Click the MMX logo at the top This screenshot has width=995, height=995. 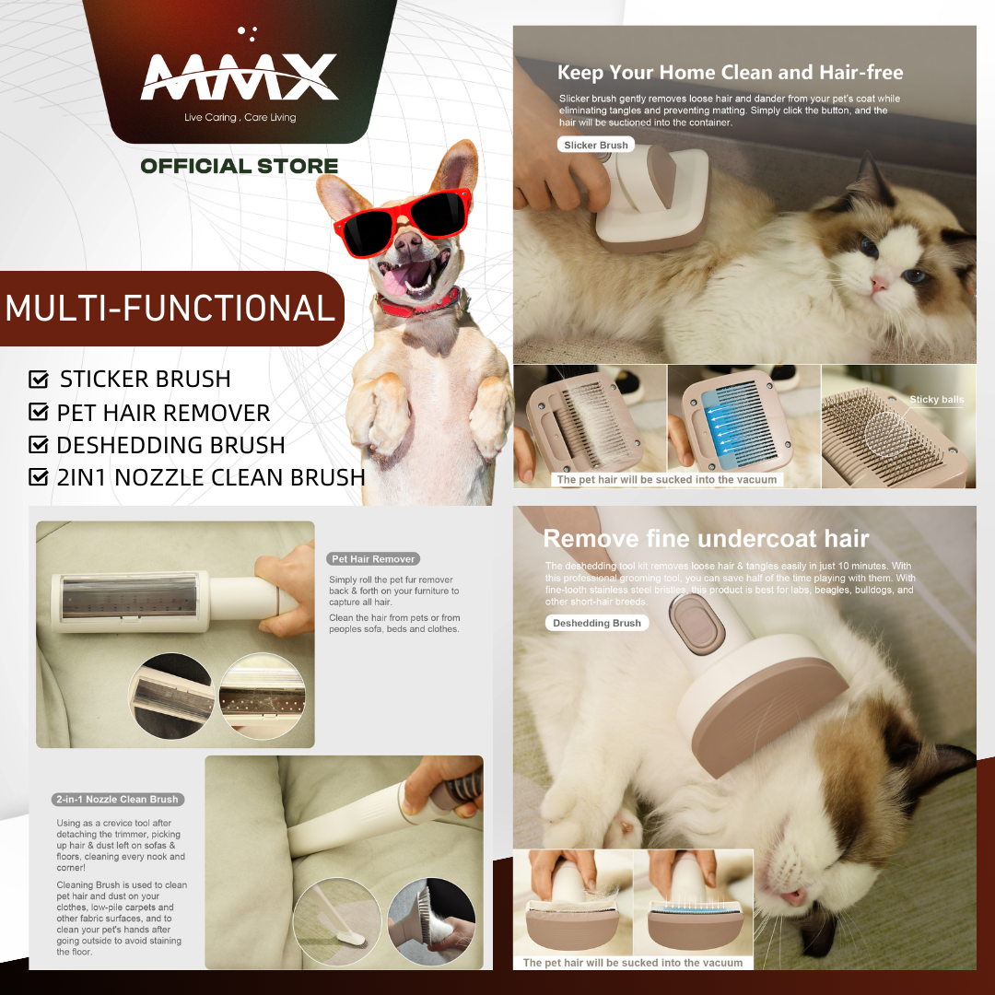240,77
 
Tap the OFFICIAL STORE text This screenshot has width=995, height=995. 240,167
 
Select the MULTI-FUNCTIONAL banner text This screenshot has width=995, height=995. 170,308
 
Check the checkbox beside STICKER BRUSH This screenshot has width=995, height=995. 39,380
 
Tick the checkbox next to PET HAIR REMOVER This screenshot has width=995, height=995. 39,413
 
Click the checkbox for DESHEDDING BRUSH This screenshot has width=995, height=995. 39,445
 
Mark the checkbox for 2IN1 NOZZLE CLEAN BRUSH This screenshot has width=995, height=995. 39,477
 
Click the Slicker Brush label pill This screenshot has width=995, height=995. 595,146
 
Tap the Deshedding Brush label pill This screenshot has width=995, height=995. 597,624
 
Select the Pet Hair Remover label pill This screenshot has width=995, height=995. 373,559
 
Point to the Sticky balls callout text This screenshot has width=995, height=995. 936,400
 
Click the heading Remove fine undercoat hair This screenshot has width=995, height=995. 706,539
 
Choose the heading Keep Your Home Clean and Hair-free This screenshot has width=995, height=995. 730,73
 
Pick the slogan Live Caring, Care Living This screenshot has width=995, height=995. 240,118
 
